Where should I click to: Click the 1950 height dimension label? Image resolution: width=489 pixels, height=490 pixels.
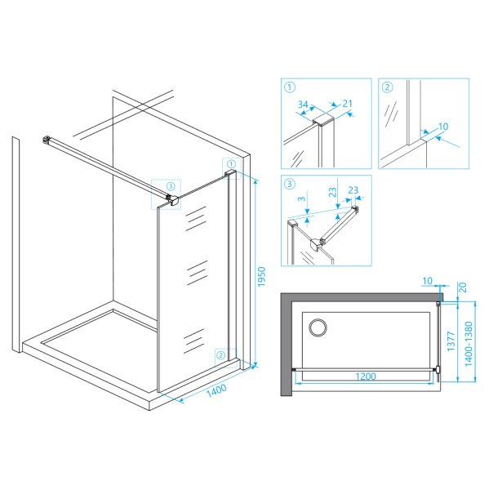261,277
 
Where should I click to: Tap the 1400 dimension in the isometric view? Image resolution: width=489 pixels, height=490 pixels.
216,390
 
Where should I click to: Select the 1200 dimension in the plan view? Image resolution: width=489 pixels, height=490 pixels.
366,376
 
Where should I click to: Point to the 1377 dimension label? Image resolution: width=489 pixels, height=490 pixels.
451,341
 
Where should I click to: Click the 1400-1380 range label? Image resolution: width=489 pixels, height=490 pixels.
469,344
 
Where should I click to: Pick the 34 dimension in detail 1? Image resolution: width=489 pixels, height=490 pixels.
303,105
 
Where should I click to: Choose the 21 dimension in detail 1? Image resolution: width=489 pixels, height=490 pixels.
348,104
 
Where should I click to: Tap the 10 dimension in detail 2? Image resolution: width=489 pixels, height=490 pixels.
443,127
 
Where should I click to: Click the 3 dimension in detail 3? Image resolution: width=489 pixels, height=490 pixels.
301,198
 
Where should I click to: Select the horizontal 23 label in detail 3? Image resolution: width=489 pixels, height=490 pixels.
353,190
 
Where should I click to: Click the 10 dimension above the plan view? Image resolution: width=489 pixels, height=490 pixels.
427,281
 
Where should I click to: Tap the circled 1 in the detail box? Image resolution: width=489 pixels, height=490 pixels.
290,87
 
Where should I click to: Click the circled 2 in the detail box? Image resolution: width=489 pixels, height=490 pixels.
387,87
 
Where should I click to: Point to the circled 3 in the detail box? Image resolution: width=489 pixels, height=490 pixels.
290,184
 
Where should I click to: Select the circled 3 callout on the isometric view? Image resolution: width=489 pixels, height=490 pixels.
171,186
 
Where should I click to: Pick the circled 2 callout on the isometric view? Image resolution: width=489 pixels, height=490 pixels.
221,355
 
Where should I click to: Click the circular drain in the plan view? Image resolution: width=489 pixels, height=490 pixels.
318,328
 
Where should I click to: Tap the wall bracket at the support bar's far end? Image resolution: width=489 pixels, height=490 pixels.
47,140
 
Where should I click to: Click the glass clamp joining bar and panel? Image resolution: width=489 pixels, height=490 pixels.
172,200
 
